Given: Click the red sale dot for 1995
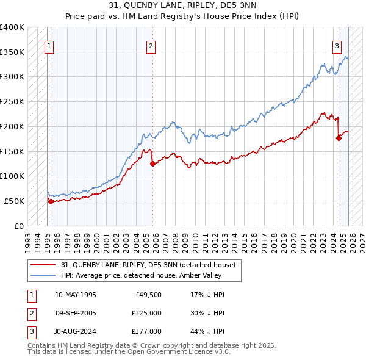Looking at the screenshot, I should (51, 201).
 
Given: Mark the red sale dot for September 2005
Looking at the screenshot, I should (152, 164).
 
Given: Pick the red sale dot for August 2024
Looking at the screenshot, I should (339, 138).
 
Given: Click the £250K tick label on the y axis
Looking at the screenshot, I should (12, 101).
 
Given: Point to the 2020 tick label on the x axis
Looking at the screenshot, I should (295, 238).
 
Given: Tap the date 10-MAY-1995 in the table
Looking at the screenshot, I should (75, 295).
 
